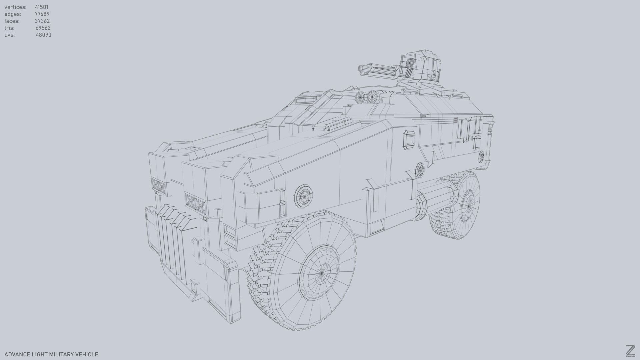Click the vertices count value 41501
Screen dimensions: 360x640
click(42, 7)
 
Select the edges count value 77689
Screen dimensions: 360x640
click(42, 14)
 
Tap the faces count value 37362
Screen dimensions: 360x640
click(42, 21)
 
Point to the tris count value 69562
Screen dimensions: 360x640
click(43, 28)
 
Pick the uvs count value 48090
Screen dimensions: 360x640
click(43, 35)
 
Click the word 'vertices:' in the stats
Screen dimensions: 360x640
click(15, 7)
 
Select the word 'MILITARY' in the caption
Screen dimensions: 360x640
click(61, 354)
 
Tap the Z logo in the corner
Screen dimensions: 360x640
click(630, 351)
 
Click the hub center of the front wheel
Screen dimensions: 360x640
click(322, 273)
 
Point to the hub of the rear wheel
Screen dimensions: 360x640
click(469, 206)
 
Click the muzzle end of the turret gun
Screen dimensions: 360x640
click(361, 69)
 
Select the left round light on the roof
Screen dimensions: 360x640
click(361, 97)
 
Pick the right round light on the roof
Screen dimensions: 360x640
click(372, 97)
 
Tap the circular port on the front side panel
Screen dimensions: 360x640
click(304, 196)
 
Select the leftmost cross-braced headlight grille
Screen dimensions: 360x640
click(158, 186)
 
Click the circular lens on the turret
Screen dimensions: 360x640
click(409, 63)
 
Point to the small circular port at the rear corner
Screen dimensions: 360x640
click(481, 156)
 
